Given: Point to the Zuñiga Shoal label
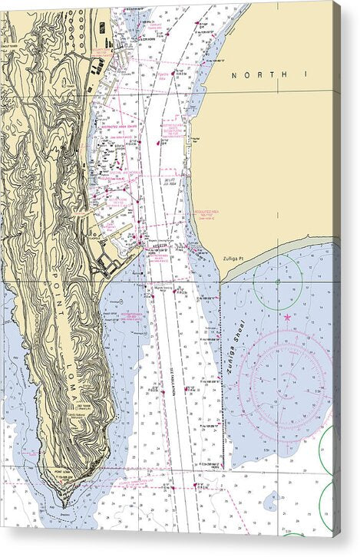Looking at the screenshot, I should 236,346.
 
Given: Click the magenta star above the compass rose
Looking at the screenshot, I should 287,317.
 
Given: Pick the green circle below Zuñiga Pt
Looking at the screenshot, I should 277,283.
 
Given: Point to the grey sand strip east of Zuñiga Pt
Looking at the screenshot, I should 292,243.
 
